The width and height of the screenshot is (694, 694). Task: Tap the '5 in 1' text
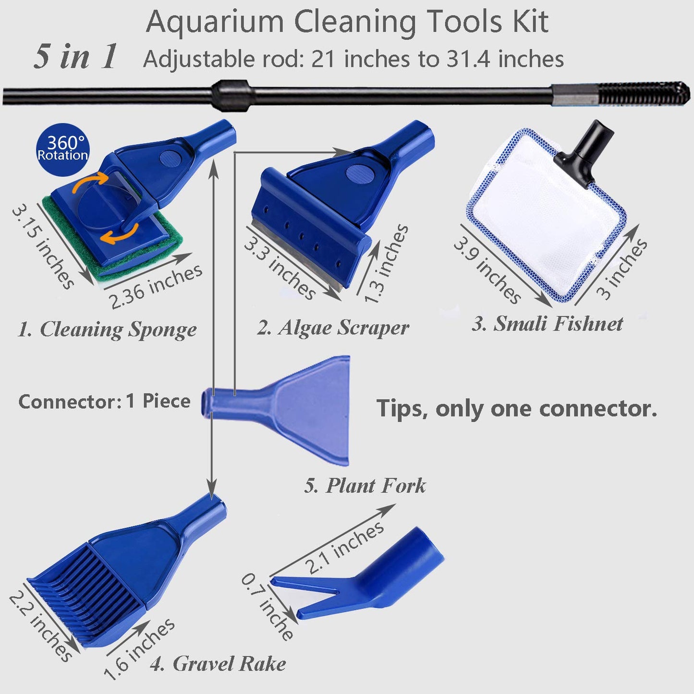click(75, 56)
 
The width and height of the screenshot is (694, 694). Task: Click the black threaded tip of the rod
click(644, 93)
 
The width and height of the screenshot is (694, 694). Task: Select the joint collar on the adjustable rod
click(231, 91)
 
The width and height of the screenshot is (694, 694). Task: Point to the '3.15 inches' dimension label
click(43, 247)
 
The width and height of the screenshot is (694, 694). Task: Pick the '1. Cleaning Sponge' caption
click(107, 330)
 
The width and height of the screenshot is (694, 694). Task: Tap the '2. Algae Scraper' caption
click(333, 328)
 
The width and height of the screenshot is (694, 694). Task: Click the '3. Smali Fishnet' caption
click(547, 324)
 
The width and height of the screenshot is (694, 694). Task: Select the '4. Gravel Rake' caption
click(218, 664)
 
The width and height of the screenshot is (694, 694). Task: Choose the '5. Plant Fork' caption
click(365, 486)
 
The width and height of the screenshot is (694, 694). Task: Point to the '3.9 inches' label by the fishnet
click(487, 271)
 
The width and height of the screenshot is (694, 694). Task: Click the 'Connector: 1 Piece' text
click(104, 402)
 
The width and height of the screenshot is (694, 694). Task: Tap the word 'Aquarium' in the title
click(215, 22)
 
